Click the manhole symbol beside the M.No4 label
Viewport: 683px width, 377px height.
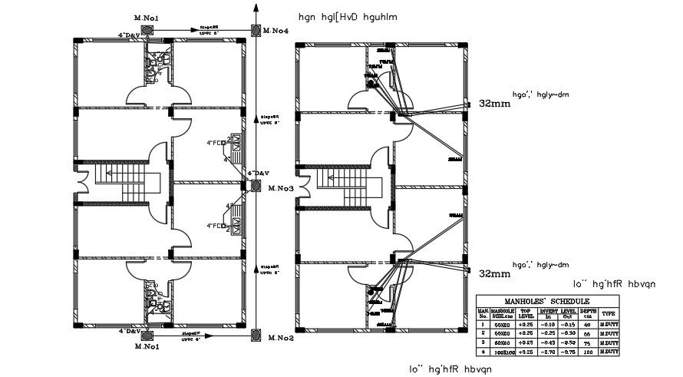[x=254, y=30]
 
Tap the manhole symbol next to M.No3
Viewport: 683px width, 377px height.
[x=255, y=186]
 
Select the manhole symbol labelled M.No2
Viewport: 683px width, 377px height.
[x=255, y=336]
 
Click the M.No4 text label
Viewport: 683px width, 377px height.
[x=276, y=31]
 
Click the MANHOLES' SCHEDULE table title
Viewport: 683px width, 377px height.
[x=547, y=300]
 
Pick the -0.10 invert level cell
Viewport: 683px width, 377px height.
[x=548, y=324]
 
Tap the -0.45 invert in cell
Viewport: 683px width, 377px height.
[x=548, y=342]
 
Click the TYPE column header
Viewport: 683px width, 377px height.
[x=608, y=313]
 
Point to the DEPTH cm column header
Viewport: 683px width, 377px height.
[x=586, y=313]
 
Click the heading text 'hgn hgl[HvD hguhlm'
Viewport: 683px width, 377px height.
[x=349, y=17]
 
